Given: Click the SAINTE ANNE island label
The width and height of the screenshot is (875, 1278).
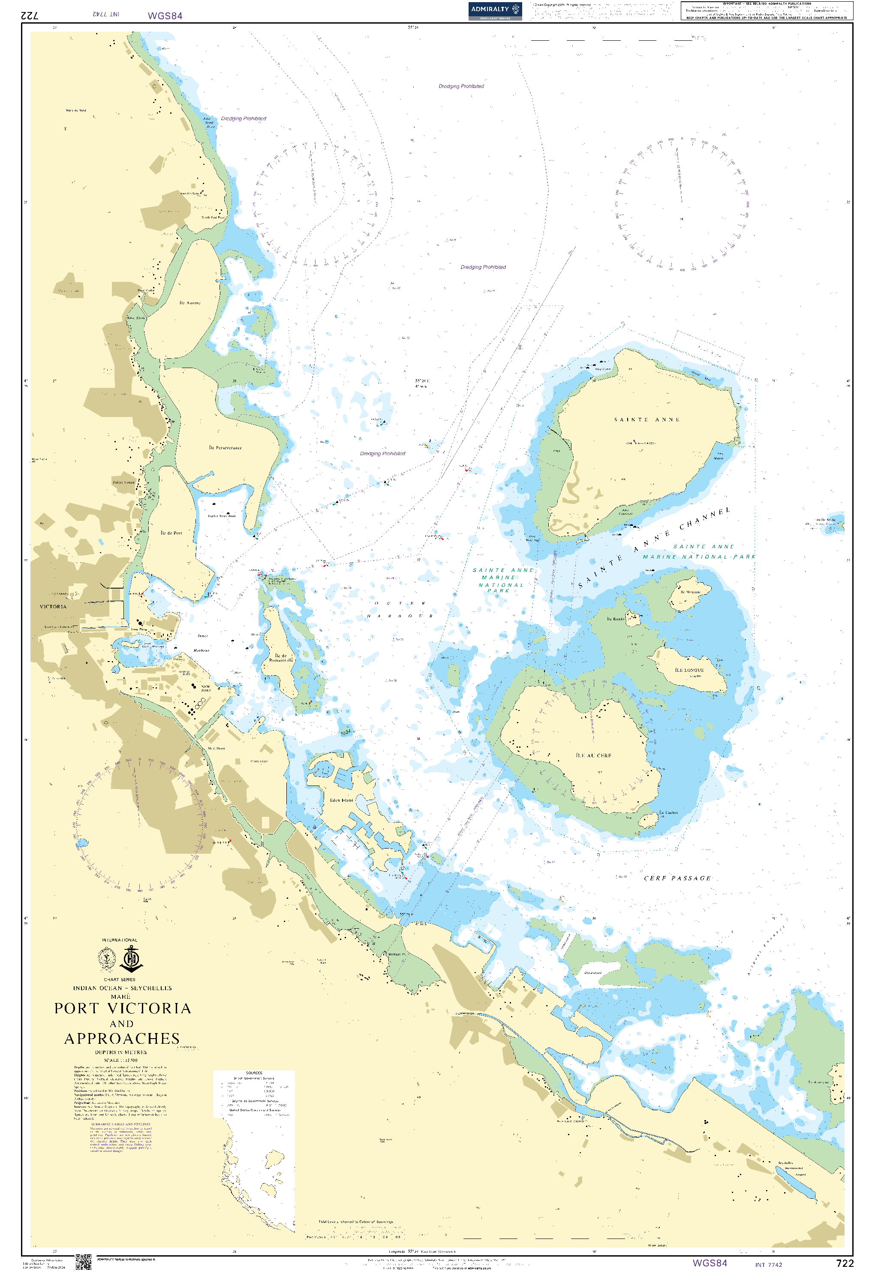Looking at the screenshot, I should (647, 420).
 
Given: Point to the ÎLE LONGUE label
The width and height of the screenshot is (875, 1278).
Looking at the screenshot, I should (689, 671).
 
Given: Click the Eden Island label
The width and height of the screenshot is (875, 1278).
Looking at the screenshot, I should (341, 801).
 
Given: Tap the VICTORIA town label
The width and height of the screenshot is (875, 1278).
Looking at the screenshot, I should (53, 607).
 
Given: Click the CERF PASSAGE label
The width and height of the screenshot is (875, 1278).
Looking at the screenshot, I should (677, 879).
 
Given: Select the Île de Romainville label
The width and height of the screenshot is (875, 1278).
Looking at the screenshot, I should (281, 658).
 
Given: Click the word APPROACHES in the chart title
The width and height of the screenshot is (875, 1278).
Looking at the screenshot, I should (122, 1039).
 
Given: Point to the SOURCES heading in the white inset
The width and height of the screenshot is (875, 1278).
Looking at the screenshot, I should (254, 1073).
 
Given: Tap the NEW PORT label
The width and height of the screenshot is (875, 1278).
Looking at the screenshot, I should (205, 689).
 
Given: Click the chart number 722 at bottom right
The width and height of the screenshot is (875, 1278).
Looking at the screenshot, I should (844, 1263).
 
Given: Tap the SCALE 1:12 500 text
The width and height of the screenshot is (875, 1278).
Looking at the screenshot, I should (121, 1060).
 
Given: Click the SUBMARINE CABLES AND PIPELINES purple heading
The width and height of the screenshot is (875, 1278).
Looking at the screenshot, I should (120, 1124).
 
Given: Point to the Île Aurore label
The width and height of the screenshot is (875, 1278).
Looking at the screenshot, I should (190, 303).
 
